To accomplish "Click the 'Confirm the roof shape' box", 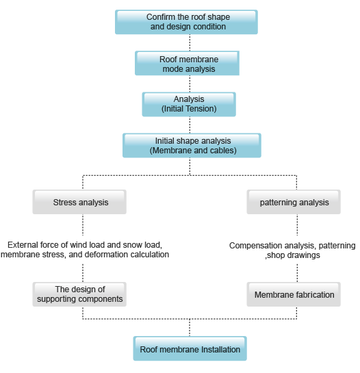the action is (186, 22).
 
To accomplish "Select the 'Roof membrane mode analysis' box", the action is (187, 63).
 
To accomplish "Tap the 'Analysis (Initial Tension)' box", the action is (189, 104).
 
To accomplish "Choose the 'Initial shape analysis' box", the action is (192, 145).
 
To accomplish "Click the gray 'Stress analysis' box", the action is (79, 202).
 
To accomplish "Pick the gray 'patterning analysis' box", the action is (294, 202).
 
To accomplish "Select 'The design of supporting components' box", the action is (79, 294).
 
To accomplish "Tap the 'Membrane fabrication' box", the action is (294, 294).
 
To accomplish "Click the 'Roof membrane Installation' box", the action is (190, 348).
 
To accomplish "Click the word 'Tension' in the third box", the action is (203, 109).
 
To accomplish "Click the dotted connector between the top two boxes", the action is (190, 42).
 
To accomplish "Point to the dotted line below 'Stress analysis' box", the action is (83, 224).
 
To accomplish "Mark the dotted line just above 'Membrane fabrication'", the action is (297, 273).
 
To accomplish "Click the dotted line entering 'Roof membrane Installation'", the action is (190, 328).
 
